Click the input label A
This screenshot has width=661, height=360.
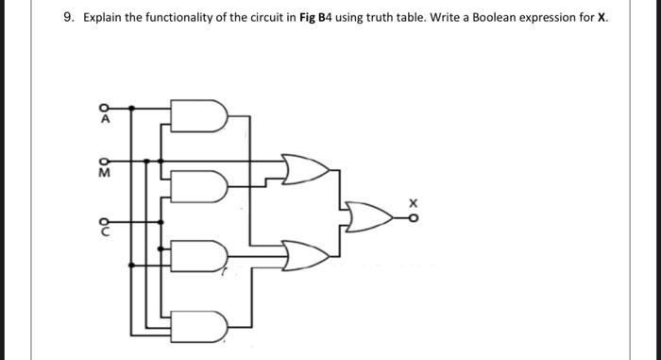pos(106,119)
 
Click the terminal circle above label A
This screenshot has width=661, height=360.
pos(106,106)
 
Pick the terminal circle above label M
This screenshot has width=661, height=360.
pos(106,160)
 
